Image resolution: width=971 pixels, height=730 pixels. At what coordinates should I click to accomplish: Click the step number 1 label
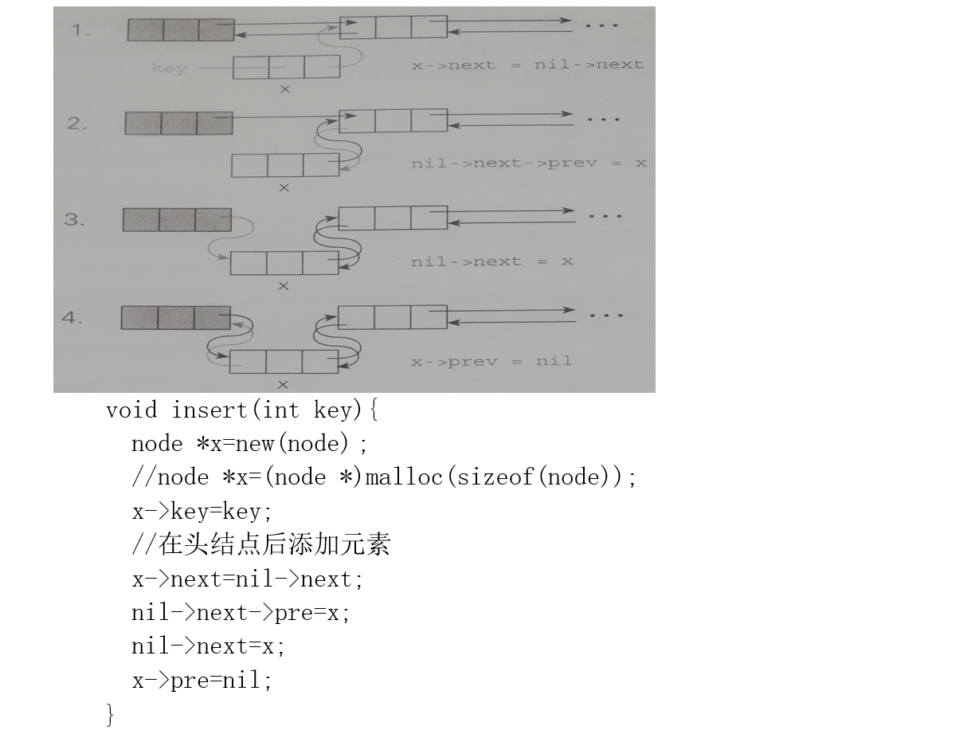point(80,30)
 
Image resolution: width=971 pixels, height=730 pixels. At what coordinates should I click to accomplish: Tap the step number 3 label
point(74,219)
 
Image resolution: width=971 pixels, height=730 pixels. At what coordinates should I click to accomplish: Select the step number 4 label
point(72,317)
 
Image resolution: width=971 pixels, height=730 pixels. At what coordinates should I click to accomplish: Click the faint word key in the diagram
point(170,69)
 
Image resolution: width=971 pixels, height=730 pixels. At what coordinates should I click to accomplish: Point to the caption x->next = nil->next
point(527,65)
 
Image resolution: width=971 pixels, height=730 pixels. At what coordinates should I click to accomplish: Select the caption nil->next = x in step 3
point(492,261)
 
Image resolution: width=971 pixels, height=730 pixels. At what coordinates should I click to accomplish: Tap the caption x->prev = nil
point(491,362)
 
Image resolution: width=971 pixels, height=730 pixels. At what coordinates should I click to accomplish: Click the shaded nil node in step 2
point(178,123)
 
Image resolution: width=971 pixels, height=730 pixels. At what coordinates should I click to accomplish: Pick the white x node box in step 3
point(284,263)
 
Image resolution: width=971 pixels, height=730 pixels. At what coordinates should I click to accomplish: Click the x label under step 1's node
point(285,89)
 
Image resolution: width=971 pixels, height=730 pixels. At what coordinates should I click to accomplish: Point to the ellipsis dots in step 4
point(606,316)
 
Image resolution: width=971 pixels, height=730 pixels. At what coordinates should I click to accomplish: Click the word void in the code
point(131,410)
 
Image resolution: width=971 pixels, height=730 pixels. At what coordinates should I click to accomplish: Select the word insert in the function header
point(209,410)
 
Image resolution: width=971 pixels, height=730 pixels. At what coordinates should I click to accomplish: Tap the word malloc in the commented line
point(404,477)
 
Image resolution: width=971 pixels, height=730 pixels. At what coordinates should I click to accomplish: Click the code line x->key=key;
point(202,512)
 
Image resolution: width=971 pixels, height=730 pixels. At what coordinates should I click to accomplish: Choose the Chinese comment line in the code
point(261,544)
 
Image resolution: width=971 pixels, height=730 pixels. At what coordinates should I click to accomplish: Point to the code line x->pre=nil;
point(202,680)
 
